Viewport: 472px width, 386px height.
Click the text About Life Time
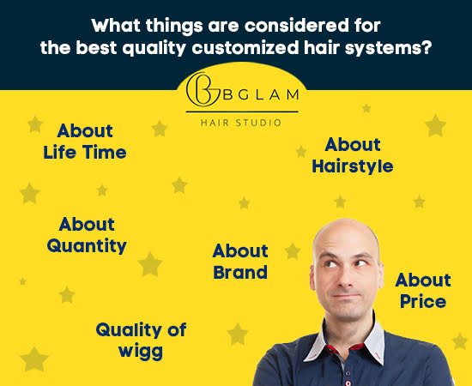[x=85, y=142]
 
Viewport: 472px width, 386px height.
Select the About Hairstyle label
[x=353, y=155]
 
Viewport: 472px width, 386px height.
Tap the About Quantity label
[x=87, y=235]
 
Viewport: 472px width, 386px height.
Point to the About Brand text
[x=240, y=262]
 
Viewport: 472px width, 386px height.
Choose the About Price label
[x=422, y=291]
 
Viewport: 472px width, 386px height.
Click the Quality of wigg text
[x=141, y=340]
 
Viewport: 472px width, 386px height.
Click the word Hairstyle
[x=353, y=166]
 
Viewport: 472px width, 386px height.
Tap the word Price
[x=422, y=301]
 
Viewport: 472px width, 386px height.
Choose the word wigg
[x=141, y=350]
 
